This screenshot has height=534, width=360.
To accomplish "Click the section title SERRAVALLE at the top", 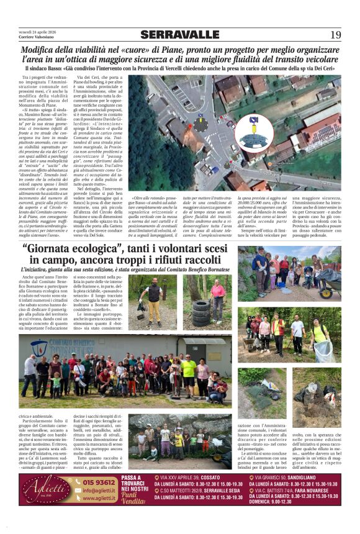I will pos(179,34).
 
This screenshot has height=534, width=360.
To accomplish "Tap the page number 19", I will pos(335,35).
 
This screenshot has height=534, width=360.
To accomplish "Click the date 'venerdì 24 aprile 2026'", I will pos(38,31).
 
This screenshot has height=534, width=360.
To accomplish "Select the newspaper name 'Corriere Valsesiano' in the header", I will pos(36,37).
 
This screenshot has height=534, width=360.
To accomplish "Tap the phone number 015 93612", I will pos(99,481).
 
